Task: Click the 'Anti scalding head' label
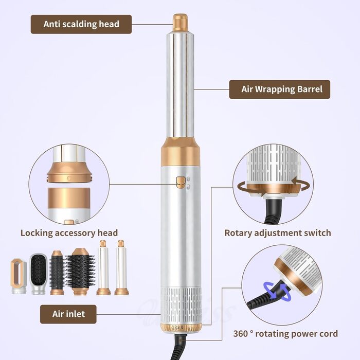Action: [81, 24]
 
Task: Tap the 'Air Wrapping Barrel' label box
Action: [280, 89]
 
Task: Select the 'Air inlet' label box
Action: [68, 314]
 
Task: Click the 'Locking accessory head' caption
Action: [69, 233]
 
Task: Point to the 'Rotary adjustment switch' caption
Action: [278, 233]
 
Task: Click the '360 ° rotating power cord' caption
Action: [285, 334]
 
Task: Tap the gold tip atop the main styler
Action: [180, 22]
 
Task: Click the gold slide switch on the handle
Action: [181, 182]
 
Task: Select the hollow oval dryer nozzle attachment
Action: [19, 276]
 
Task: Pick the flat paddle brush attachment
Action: [38, 274]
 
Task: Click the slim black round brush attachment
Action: [56, 273]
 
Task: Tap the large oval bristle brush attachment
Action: [80, 272]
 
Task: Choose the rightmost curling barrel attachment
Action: [121, 267]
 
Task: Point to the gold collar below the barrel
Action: [181, 152]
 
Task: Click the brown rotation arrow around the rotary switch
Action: [273, 187]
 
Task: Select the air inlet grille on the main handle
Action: [181, 305]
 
